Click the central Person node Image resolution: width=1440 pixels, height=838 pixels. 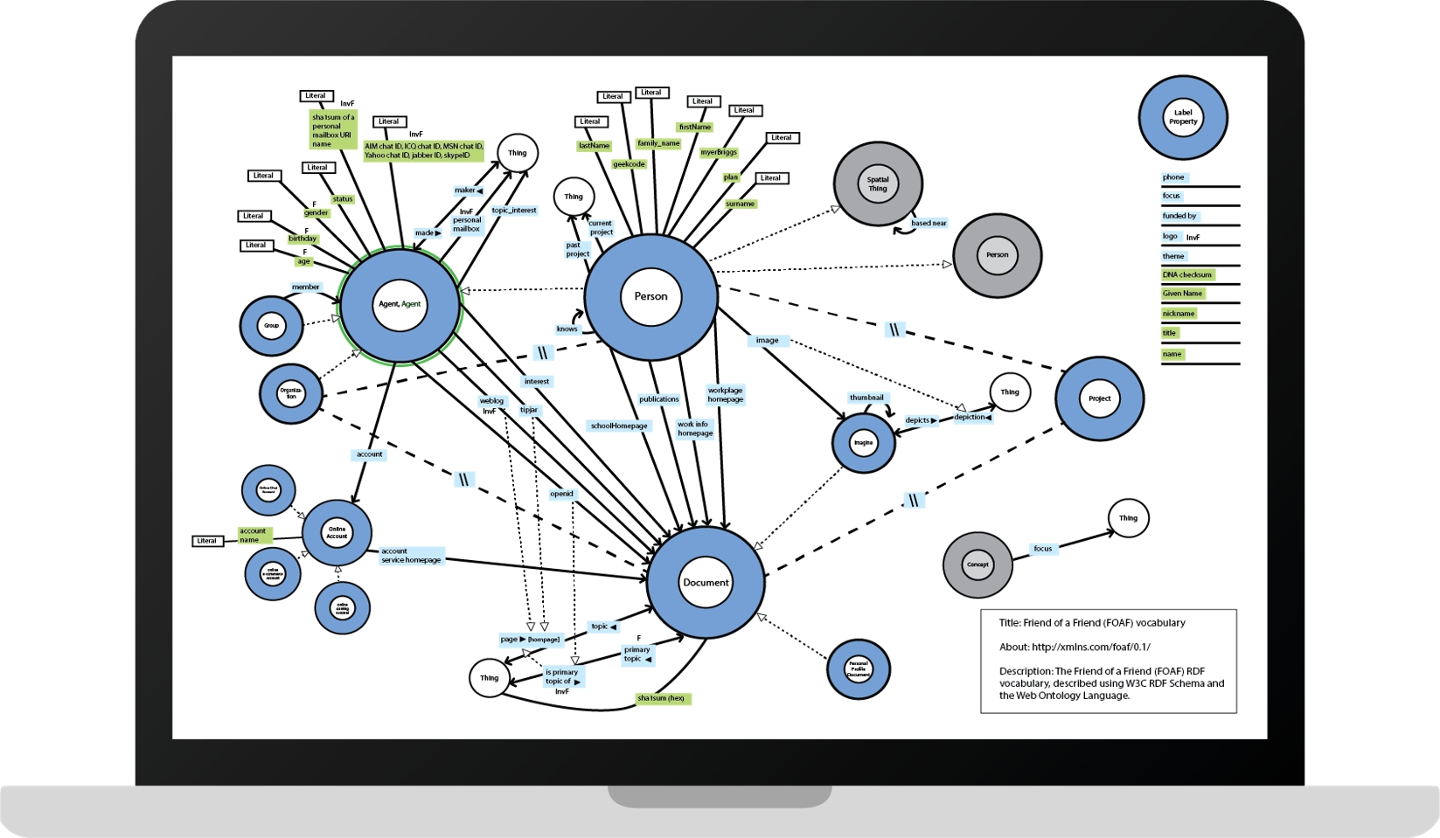650,296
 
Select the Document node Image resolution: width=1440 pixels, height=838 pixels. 706,583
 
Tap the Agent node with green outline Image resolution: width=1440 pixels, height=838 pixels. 400,305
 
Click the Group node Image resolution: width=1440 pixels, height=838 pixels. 271,326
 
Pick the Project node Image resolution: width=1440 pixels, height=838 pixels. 1099,398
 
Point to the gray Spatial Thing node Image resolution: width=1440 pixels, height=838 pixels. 878,184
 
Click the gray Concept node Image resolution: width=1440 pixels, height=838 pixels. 977,564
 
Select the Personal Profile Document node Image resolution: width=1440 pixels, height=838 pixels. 859,669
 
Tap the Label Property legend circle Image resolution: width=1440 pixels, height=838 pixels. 1183,117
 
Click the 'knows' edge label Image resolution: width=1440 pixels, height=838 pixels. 567,329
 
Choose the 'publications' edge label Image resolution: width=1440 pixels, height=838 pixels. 658,399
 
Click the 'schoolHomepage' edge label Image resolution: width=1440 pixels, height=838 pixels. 619,426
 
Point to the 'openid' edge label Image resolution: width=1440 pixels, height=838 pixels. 561,494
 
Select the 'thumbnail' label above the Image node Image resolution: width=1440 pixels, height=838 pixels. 867,398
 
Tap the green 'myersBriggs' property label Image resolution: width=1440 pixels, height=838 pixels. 719,153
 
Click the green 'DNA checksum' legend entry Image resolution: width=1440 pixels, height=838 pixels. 1186,274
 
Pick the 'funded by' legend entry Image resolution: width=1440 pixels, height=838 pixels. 1179,216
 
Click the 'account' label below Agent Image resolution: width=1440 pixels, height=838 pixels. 369,454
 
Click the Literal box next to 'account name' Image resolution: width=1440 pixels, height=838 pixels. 207,541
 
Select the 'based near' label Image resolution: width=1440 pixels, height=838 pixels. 929,224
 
